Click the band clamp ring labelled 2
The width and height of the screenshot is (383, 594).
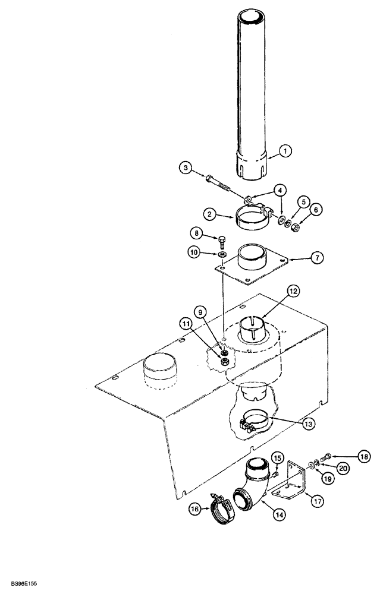(252, 215)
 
